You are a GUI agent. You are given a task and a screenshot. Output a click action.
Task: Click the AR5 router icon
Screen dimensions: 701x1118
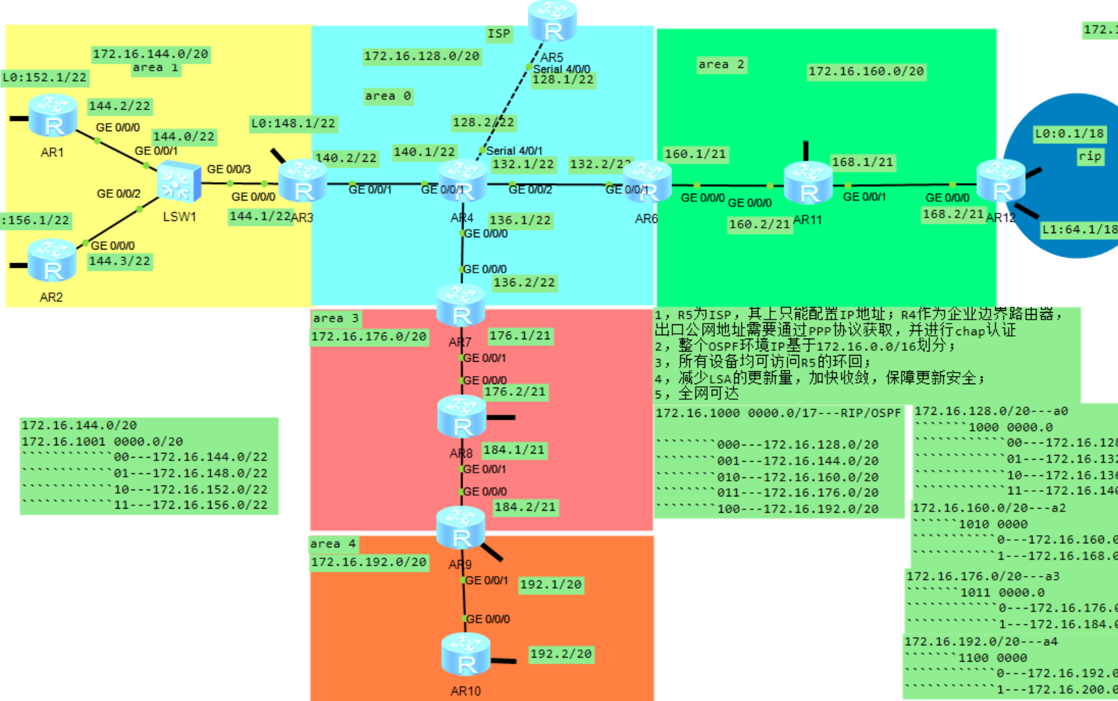[x=553, y=22]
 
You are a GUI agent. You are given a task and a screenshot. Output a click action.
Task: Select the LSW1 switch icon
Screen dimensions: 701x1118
[x=179, y=182]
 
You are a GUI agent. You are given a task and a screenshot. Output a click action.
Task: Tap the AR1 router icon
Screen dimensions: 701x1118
[x=52, y=116]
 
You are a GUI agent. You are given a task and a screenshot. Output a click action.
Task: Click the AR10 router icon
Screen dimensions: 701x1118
[x=466, y=655]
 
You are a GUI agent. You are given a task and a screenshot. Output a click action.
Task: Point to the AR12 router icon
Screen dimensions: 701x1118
[x=1000, y=181]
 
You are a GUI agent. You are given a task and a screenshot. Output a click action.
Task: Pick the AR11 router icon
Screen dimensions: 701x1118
[x=808, y=184]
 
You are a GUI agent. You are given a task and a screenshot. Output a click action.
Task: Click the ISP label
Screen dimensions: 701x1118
[x=498, y=33]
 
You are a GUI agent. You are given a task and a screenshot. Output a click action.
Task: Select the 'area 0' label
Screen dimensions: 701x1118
[x=387, y=96]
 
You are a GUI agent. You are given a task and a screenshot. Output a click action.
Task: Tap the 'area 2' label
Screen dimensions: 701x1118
[x=720, y=65]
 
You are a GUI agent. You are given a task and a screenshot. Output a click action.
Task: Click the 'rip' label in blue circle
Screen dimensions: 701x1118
[x=1089, y=156]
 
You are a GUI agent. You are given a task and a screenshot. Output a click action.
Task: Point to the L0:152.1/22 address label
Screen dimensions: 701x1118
[x=45, y=78]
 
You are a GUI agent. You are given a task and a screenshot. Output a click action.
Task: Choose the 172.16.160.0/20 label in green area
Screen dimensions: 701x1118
[x=866, y=71]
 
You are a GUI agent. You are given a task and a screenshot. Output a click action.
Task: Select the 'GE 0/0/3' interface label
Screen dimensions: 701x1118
[x=228, y=169]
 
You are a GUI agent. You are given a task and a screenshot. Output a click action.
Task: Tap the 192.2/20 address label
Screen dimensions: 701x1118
[x=561, y=653]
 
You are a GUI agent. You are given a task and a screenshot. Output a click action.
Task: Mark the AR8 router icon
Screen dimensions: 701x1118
[x=461, y=416]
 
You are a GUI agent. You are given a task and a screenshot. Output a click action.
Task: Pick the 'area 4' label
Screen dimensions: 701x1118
[x=333, y=544]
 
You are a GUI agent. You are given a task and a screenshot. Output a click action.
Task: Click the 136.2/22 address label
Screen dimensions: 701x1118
[x=523, y=282]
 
